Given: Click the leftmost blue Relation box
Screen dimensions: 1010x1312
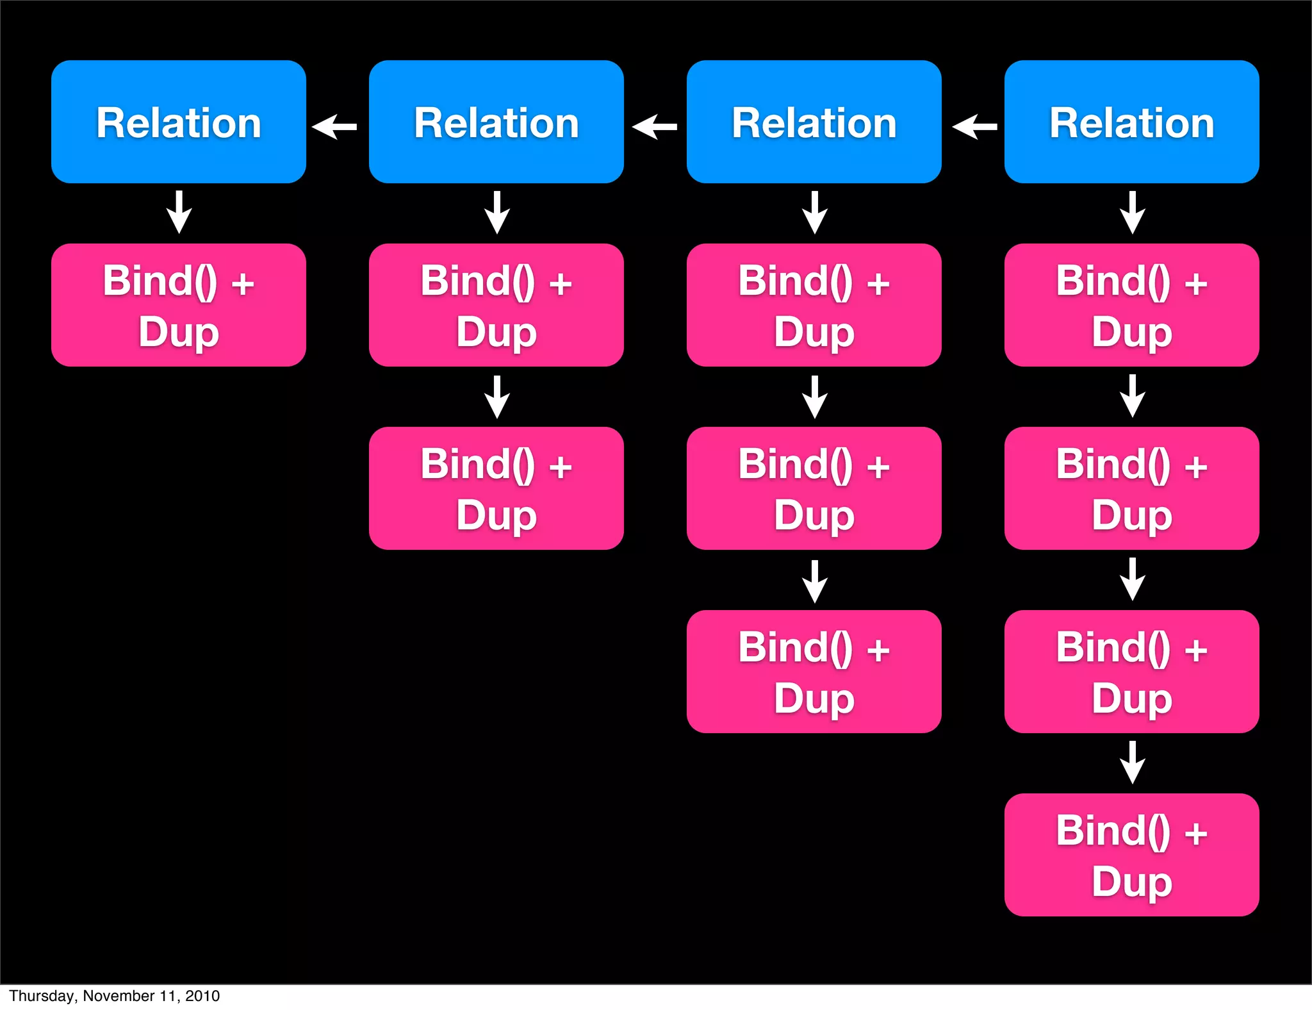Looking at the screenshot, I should pos(178,122).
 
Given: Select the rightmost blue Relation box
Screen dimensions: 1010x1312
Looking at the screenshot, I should pos(1131,122).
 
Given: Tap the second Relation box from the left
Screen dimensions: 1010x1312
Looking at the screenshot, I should pos(496,122).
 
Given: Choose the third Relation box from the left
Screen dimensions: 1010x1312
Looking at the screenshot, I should pos(814,122).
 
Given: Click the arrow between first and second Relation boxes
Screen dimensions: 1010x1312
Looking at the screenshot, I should pos(335,126).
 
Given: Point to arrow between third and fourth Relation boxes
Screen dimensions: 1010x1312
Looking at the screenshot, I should pos(975,126).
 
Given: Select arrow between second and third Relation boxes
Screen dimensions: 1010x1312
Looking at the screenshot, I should pos(655,126).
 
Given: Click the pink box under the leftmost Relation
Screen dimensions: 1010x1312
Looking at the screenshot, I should pos(178,305).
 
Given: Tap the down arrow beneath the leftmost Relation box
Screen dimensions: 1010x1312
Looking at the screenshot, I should pos(179,213).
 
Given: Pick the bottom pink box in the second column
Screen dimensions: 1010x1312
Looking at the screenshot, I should pos(496,488).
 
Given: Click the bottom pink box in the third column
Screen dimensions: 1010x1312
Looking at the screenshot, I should pos(814,672).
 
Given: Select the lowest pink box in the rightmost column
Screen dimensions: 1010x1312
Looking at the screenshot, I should pos(1131,855).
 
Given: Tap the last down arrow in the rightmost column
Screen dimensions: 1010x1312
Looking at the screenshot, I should pos(1133,763).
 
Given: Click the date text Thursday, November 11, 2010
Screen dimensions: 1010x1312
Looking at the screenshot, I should pos(115,995).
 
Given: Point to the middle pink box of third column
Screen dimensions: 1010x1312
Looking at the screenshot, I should pos(814,488).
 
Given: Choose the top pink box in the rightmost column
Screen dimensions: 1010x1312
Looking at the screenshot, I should pos(1131,305).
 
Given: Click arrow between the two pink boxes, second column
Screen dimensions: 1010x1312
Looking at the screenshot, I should pos(497,397).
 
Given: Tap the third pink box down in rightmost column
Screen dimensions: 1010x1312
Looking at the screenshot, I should pos(1131,672).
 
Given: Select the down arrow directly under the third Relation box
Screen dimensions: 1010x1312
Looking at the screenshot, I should pos(815,213).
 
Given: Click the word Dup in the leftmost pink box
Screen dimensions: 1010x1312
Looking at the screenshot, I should pos(179,332).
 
